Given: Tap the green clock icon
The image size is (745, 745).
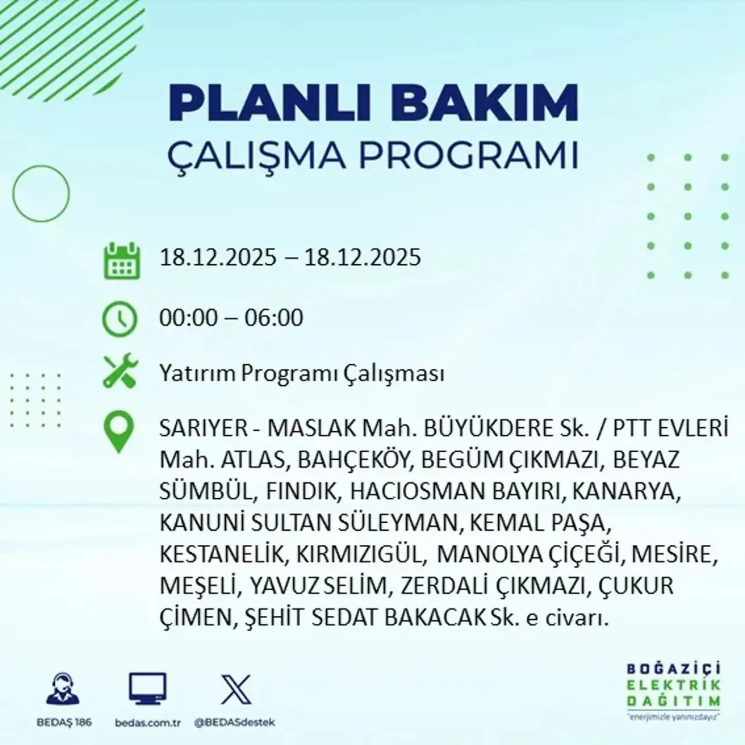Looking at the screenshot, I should [x=119, y=319].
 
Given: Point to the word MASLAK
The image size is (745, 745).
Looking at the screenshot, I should [x=311, y=429].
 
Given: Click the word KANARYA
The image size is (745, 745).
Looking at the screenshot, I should [x=626, y=492].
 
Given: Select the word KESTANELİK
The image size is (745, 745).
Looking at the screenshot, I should [x=223, y=554].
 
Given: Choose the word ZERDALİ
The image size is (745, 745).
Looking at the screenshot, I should [x=445, y=586].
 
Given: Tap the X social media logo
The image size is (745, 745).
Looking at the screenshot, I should [x=236, y=690].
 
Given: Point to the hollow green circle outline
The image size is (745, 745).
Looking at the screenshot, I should [x=41, y=193].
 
